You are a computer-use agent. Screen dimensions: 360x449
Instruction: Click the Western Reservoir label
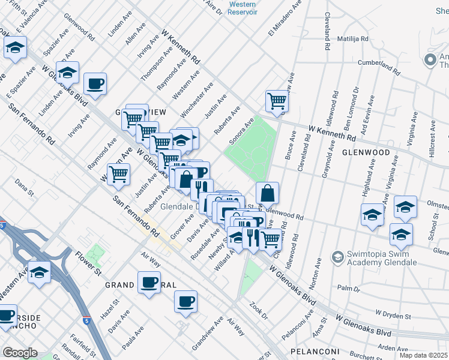[x=243, y=8]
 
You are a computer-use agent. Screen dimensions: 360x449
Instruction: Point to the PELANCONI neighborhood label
[x=315, y=351]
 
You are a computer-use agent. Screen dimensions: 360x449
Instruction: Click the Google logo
[x=20, y=353]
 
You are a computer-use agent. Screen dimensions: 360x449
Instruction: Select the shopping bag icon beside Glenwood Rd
[x=267, y=193]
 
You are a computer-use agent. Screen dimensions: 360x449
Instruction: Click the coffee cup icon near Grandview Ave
[x=186, y=301]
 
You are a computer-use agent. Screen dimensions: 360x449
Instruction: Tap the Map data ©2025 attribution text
[x=423, y=355]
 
